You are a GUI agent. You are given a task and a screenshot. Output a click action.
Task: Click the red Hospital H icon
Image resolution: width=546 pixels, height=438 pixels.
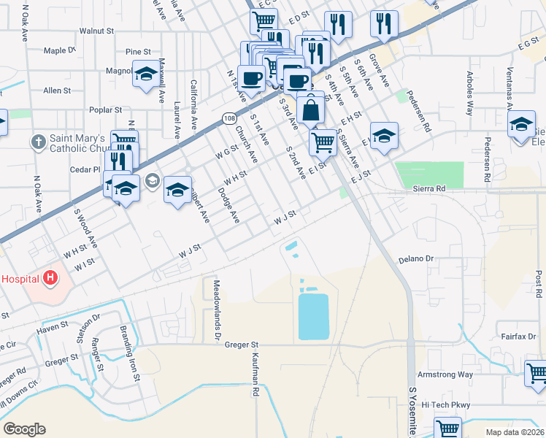(50, 277)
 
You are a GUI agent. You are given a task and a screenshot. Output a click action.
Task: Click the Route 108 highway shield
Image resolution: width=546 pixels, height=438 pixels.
(231, 118)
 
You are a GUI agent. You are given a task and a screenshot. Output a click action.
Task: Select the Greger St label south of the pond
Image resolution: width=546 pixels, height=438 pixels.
(242, 344)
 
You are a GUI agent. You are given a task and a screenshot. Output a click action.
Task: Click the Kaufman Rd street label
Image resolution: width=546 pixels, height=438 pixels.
(256, 374)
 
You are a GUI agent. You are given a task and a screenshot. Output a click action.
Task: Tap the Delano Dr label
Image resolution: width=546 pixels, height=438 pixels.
(416, 259)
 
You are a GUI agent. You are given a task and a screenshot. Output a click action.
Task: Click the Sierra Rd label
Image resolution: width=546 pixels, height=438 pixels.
(428, 188)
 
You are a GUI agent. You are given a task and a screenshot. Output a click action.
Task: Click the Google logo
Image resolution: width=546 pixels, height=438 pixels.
(24, 429)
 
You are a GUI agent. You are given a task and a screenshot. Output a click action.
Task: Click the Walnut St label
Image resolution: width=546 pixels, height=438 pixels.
(97, 31)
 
